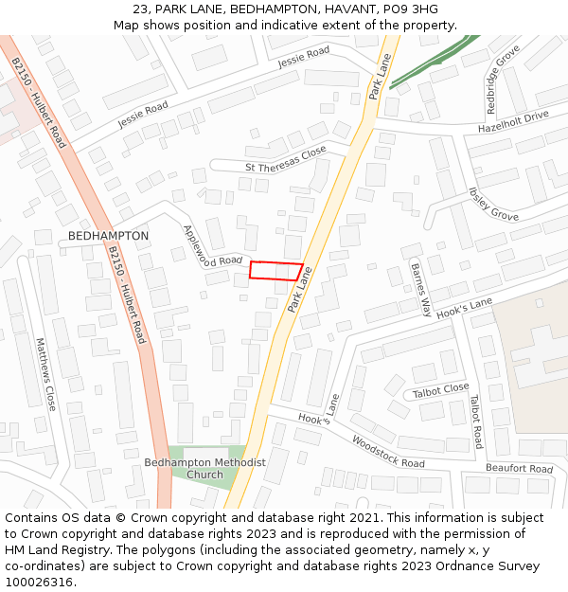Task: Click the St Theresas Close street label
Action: coord(285,160)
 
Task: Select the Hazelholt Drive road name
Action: coord(513,121)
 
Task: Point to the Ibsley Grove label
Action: coord(493,204)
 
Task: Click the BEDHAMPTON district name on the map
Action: coord(109,236)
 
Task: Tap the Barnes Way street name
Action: coord(420,289)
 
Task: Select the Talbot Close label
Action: coord(440,389)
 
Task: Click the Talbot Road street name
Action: coord(475,422)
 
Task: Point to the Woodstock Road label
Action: coord(388,451)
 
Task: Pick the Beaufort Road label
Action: coord(519,469)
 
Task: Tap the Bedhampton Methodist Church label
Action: coord(204,468)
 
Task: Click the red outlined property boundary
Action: coord(275,270)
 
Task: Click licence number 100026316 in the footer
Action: coord(38,583)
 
